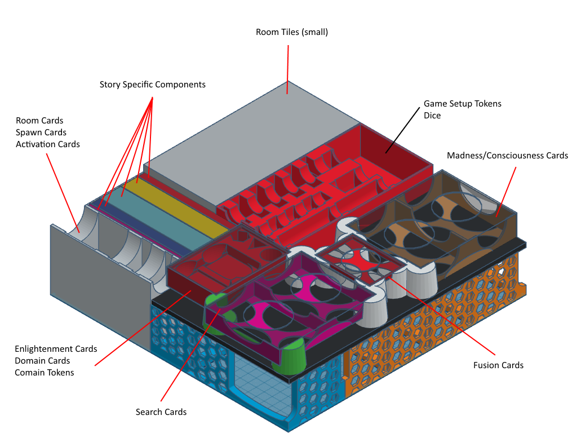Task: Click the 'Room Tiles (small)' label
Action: click(x=292, y=32)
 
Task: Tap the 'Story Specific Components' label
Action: click(x=152, y=85)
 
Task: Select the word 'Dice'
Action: click(x=432, y=116)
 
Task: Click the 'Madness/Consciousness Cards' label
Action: click(x=508, y=156)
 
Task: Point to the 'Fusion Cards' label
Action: click(x=498, y=365)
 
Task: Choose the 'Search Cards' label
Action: click(x=161, y=412)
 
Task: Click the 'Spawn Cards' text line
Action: click(x=41, y=132)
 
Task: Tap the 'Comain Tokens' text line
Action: click(x=44, y=373)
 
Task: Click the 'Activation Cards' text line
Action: click(x=47, y=144)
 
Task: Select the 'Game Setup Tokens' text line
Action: click(x=463, y=104)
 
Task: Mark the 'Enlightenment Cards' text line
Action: click(x=56, y=349)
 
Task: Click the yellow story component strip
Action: click(x=180, y=207)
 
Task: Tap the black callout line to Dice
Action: click(x=402, y=130)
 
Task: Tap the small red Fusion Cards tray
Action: click(x=361, y=259)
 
